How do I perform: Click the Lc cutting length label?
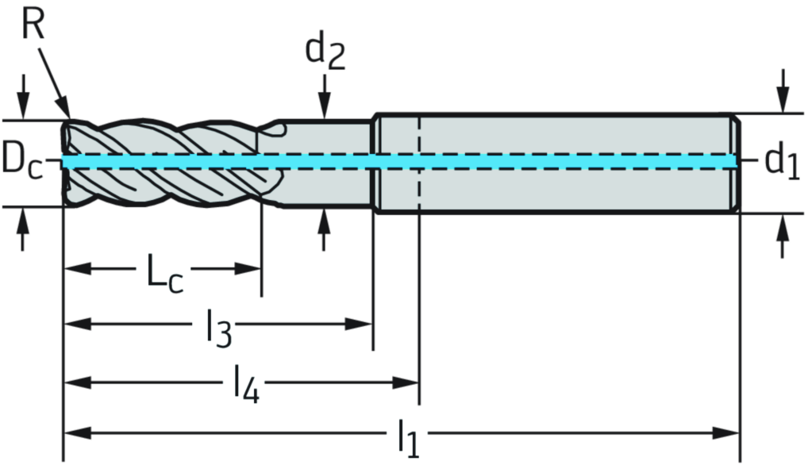pyautogui.click(x=163, y=271)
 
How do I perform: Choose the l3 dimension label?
pyautogui.click(x=214, y=326)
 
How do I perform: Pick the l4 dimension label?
pyautogui.click(x=243, y=383)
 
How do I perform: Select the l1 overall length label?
pyautogui.click(x=407, y=434)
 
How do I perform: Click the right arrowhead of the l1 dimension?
pyautogui.click(x=725, y=433)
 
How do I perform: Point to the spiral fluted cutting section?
pyautogui.click(x=167, y=163)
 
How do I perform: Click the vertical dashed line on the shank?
pyautogui.click(x=418, y=162)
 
